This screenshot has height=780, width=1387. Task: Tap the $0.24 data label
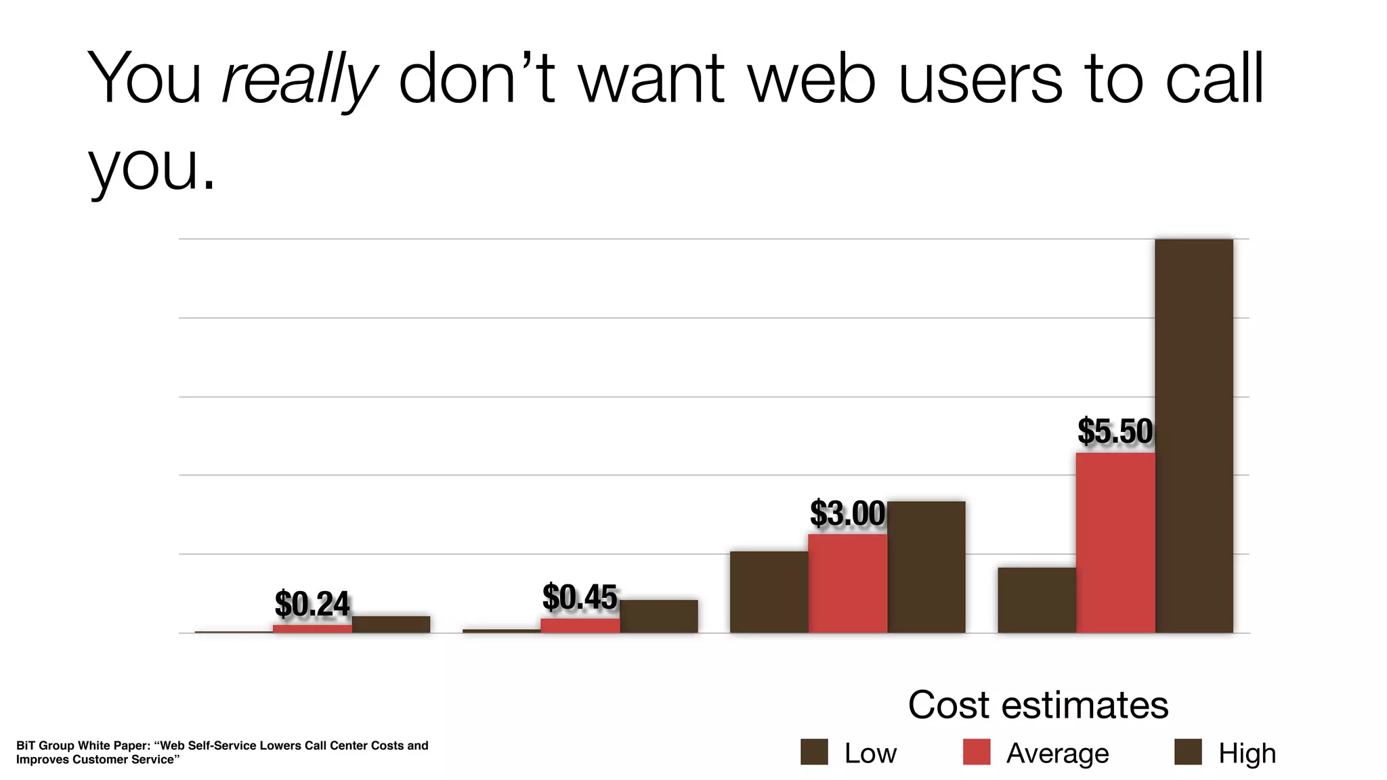[x=312, y=604]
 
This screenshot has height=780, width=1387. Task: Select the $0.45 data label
[x=580, y=597]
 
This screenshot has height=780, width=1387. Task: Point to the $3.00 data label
[x=847, y=513]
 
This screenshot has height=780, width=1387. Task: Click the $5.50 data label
[x=1115, y=431]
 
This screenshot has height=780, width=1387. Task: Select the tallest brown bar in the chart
[x=1194, y=436]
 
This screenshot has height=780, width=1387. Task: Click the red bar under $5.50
[x=1115, y=543]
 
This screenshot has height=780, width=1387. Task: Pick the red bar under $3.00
[x=847, y=584]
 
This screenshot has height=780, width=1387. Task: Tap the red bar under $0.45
[x=580, y=626]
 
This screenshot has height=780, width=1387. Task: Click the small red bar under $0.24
[x=312, y=629]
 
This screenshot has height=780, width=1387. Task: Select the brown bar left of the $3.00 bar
[x=769, y=592]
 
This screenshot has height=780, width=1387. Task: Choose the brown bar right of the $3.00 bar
[x=926, y=567]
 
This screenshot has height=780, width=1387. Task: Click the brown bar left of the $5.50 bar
[x=1036, y=600]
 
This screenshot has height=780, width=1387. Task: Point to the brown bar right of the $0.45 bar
[x=658, y=616]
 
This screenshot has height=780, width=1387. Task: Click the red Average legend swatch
[x=976, y=752]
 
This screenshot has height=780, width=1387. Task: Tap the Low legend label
[x=870, y=754]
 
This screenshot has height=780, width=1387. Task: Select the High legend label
[x=1247, y=754]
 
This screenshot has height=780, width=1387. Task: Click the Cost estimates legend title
[x=1038, y=705]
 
